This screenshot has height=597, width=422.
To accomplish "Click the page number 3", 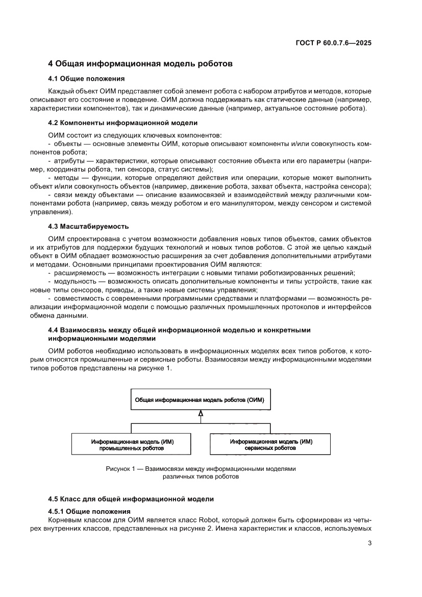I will click(x=369, y=543).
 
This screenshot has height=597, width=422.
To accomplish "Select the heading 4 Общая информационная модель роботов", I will click(x=140, y=64).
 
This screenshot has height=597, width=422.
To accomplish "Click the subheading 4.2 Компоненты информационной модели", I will click(x=122, y=123).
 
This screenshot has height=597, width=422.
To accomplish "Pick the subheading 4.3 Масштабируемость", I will click(x=88, y=226).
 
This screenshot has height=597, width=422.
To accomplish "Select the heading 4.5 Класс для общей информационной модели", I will click(x=131, y=498).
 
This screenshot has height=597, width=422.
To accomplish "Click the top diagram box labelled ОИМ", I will click(x=200, y=400).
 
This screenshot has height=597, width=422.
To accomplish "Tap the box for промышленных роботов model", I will click(x=132, y=444).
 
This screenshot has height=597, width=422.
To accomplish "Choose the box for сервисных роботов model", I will click(x=270, y=444).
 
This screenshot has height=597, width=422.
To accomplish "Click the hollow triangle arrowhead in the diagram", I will click(x=201, y=414).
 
